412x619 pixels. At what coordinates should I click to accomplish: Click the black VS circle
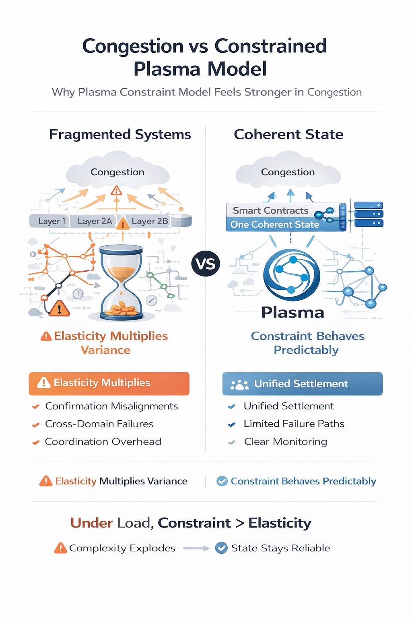point(206,264)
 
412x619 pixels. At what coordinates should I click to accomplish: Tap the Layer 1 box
point(49,221)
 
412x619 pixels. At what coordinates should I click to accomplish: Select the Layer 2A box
point(94,221)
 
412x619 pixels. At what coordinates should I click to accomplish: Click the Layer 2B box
point(149,221)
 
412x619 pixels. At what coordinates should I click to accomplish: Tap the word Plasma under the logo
point(293,313)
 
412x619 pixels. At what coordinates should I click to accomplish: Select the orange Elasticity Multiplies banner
point(109,383)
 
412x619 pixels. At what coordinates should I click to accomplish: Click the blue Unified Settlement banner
point(302,384)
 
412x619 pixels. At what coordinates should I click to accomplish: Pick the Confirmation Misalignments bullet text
point(111,406)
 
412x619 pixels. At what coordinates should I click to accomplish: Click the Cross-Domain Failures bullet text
point(99,424)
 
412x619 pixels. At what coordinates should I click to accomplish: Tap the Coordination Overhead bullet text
point(103,442)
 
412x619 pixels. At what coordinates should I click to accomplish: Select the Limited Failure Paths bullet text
point(294,424)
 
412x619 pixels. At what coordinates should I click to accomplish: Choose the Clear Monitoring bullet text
point(286,442)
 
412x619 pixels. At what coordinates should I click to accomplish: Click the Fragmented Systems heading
point(120,134)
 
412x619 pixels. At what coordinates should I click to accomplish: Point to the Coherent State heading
point(288,134)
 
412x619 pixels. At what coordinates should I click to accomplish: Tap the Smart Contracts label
point(270,210)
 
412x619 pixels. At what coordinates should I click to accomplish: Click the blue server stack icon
point(368,214)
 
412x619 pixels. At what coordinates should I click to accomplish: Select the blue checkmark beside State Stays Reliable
point(221,548)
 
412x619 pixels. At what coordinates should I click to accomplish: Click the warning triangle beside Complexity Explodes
point(60,548)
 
